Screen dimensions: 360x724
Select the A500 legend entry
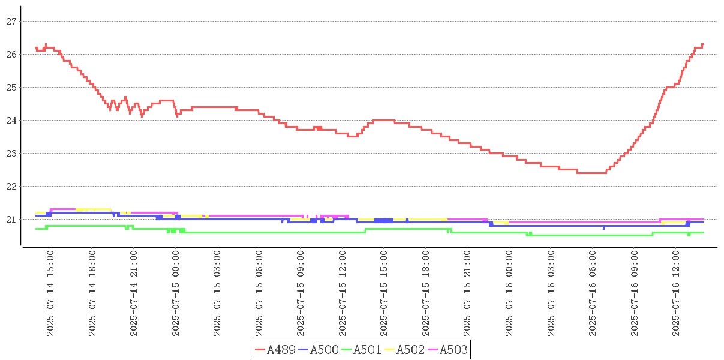[324, 350]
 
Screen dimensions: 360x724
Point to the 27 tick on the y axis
[10, 21]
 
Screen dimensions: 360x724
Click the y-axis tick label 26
[10, 54]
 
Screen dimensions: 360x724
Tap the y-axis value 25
[10, 87]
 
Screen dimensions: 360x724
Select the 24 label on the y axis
[10, 121]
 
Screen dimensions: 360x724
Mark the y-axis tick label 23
[10, 154]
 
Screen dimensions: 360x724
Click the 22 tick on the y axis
[10, 187]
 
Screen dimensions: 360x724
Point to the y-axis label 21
[10, 220]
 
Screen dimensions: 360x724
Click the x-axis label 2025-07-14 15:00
[50, 293]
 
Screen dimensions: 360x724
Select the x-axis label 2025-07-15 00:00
[176, 293]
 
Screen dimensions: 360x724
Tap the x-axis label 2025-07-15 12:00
[343, 293]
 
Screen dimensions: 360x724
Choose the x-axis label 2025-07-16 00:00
[510, 293]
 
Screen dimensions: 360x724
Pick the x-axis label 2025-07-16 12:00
[677, 293]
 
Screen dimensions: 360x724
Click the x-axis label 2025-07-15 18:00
[426, 293]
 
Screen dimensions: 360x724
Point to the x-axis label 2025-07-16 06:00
[593, 293]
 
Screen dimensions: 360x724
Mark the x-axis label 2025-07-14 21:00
[134, 293]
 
